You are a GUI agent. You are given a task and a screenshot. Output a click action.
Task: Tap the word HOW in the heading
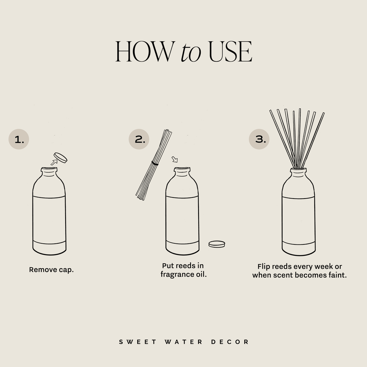coord(143,53)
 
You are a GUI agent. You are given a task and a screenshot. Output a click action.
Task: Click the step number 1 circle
coord(19,139)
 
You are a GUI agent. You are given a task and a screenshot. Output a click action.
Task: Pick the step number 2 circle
coord(139,139)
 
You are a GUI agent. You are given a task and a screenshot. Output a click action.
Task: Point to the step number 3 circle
coord(259,139)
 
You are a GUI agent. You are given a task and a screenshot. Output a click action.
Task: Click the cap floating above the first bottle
coord(60,157)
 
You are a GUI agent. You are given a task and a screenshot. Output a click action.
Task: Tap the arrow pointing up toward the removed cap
coord(54,162)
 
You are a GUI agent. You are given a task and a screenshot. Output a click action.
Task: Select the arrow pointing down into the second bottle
coord(175,159)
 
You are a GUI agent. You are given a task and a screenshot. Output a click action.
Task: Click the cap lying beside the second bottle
coord(216,244)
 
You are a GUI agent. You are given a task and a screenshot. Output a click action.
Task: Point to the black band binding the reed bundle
coord(155,163)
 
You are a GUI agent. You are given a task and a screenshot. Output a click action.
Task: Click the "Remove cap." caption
coord(51,270)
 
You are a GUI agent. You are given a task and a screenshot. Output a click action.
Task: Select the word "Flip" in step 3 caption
coord(264,267)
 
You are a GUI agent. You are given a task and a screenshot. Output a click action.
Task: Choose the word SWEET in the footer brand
coord(138,342)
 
